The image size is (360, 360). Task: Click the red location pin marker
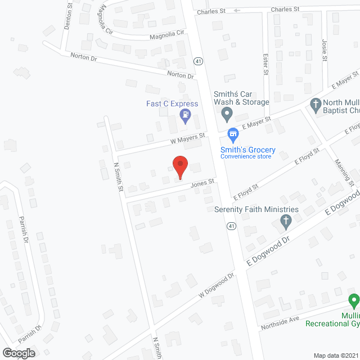179,167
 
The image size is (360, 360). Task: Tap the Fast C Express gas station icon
185,116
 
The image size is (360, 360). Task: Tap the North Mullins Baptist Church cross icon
316,104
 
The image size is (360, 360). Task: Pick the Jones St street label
202,183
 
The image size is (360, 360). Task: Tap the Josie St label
324,50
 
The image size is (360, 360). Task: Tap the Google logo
19,353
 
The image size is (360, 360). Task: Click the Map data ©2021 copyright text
336,355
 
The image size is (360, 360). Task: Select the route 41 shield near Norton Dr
198,61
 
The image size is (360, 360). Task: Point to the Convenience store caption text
245,156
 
